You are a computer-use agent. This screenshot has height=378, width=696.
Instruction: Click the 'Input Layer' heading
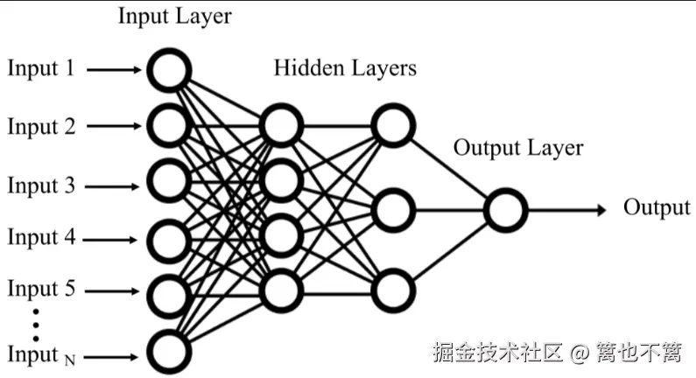[175, 16]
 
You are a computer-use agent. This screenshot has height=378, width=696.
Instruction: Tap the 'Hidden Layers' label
[345, 68]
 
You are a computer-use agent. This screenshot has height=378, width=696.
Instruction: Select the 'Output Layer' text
[517, 148]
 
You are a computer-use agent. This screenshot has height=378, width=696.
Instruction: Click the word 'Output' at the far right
[657, 207]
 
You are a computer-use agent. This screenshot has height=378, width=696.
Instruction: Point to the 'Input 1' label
[41, 68]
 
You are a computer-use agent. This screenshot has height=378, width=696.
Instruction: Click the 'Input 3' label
[41, 185]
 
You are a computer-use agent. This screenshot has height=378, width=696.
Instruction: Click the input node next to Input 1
[167, 70]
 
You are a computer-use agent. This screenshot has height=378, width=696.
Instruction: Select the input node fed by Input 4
[167, 238]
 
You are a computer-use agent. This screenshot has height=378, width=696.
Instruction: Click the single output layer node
[505, 210]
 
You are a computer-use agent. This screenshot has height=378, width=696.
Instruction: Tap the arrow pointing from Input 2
[115, 127]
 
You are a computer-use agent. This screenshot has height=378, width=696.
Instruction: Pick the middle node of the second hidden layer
[392, 210]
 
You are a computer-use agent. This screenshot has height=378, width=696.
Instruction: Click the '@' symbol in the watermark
[578, 353]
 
